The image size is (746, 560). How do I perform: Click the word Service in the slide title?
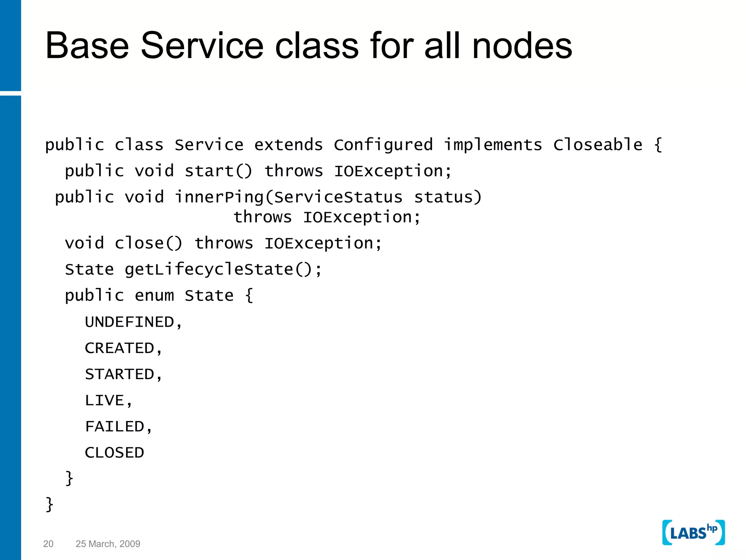pyautogui.click(x=202, y=46)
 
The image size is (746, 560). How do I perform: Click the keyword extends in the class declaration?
pyautogui.click(x=288, y=145)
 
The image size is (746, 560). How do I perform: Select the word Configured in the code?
pyautogui.click(x=383, y=145)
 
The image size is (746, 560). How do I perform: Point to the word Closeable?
pyautogui.click(x=598, y=145)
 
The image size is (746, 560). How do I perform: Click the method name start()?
pyautogui.click(x=218, y=171)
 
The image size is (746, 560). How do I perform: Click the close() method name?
pyautogui.click(x=148, y=244)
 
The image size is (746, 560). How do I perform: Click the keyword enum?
pyautogui.click(x=154, y=296)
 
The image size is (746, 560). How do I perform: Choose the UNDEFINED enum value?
pyautogui.click(x=130, y=322)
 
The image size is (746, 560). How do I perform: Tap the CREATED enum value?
pyautogui.click(x=120, y=349)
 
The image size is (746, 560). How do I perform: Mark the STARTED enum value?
pyautogui.click(x=120, y=374)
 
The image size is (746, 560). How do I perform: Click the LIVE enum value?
pyautogui.click(x=105, y=401)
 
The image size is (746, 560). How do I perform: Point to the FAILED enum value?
pyautogui.click(x=115, y=427)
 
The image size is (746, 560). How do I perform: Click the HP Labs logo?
pyautogui.click(x=693, y=533)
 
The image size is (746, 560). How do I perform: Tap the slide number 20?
pyautogui.click(x=48, y=544)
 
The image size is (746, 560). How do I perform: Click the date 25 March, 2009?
pyautogui.click(x=108, y=544)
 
